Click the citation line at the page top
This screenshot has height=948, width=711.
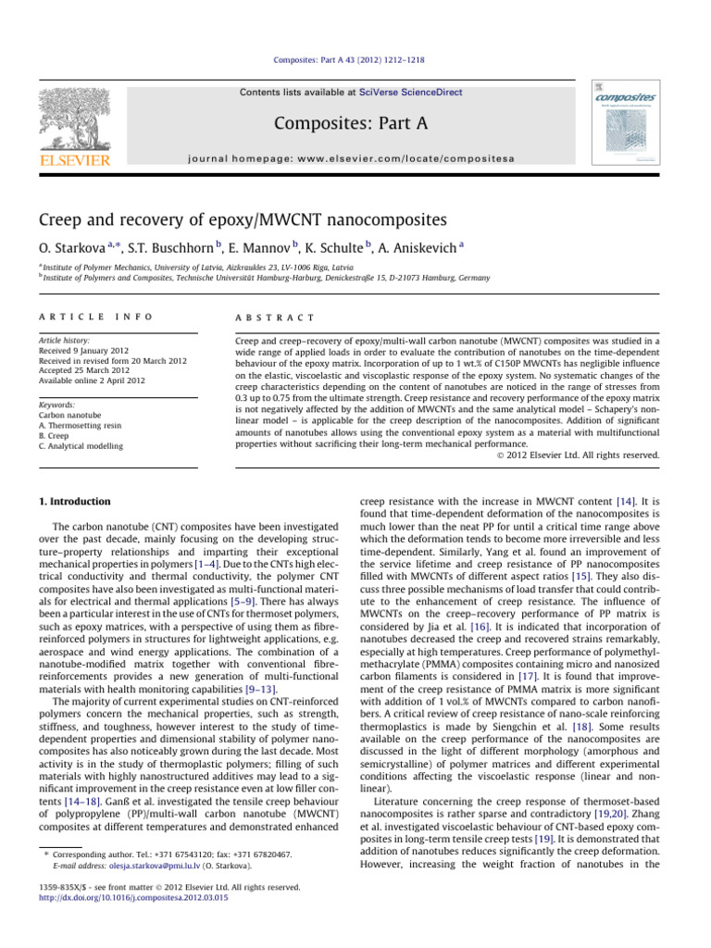click(355, 60)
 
